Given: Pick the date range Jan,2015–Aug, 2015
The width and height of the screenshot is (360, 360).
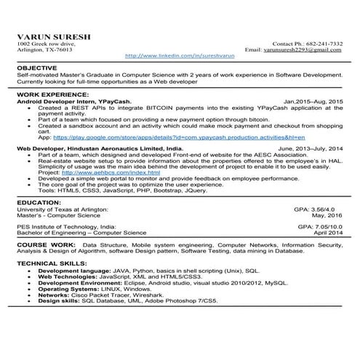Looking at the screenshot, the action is [313, 101].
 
